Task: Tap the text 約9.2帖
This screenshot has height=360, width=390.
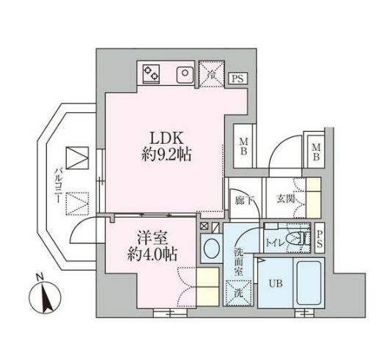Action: [168, 155]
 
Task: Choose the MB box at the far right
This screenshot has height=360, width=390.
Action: [317, 153]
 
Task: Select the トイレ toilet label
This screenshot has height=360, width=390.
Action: [276, 238]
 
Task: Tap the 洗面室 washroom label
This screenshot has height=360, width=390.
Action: [240, 261]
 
